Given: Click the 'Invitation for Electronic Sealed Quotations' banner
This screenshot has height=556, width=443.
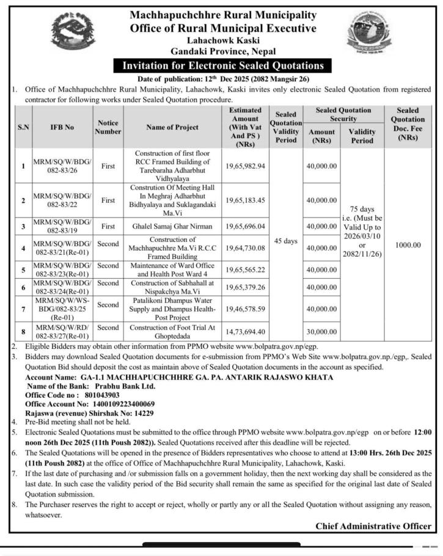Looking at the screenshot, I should (x=223, y=66).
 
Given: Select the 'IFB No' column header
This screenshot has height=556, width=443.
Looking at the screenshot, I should (x=62, y=127).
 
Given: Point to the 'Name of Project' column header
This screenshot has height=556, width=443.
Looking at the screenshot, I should (x=172, y=127).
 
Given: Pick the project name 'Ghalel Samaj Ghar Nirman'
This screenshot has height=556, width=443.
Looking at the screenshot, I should (x=172, y=226).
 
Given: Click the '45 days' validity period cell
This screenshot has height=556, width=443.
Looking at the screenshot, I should (x=286, y=241).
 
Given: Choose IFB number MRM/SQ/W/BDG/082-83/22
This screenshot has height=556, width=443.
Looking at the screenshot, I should (x=62, y=200).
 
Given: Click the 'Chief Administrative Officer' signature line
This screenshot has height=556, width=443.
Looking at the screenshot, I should (x=373, y=527).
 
